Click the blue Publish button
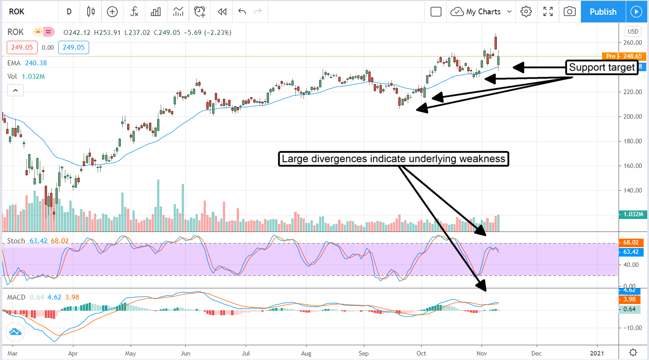(x=603, y=12)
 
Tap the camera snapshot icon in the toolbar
(x=569, y=12)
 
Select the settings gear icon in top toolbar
(x=526, y=12)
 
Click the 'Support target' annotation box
(x=602, y=68)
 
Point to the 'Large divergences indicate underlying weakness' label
(x=393, y=159)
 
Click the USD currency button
(x=633, y=31)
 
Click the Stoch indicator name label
(x=16, y=241)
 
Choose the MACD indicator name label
(x=16, y=297)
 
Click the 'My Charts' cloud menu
(x=481, y=12)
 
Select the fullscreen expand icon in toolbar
(x=548, y=12)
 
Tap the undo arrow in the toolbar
(x=242, y=12)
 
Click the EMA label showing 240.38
(x=27, y=63)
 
